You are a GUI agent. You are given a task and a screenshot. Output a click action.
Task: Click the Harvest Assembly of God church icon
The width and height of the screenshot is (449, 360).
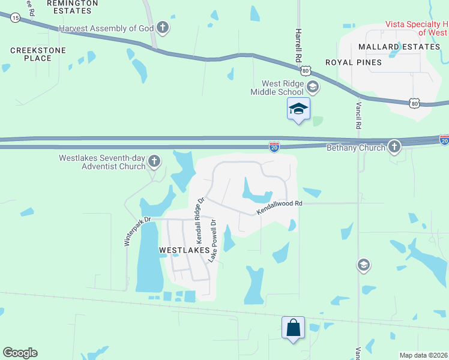[x=162, y=28]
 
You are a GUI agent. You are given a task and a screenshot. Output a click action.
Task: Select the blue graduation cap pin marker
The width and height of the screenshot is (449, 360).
[x=298, y=109]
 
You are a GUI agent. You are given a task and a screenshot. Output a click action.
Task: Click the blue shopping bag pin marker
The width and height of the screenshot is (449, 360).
[x=293, y=328]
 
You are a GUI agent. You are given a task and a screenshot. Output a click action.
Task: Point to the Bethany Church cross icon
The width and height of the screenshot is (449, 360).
[x=394, y=146]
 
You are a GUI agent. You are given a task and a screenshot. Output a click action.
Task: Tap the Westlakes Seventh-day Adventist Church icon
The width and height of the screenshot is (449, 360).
[x=154, y=161]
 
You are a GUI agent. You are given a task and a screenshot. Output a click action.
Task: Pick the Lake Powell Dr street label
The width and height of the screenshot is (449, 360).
[x=212, y=240]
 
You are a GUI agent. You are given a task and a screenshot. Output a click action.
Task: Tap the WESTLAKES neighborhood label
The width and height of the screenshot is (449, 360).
[x=184, y=249]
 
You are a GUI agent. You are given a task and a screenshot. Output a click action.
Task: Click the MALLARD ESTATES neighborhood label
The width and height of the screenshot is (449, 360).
[x=399, y=46]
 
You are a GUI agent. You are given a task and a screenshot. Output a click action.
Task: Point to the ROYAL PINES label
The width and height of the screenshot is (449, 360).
[x=353, y=62]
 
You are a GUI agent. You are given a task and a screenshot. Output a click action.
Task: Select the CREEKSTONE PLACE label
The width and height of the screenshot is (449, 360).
[x=30, y=53]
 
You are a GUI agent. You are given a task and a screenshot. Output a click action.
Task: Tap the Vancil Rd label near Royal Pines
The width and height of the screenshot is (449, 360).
[x=358, y=115]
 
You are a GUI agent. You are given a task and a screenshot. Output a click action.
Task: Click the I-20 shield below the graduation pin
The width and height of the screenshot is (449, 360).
[x=274, y=146]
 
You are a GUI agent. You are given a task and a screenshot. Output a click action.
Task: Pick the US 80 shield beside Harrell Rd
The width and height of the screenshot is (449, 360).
[x=306, y=71]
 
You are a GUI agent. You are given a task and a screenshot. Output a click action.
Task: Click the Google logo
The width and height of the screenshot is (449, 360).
[x=20, y=353]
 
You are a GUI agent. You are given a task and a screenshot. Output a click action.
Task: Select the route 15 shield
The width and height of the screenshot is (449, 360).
[x=15, y=18]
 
